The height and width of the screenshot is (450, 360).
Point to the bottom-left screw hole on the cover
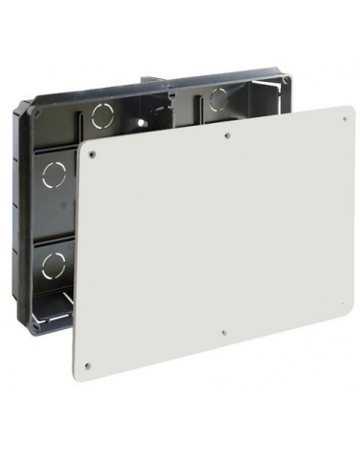86,363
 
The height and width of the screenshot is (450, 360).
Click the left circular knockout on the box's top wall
100,118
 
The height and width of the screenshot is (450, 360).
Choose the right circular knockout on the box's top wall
218,96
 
